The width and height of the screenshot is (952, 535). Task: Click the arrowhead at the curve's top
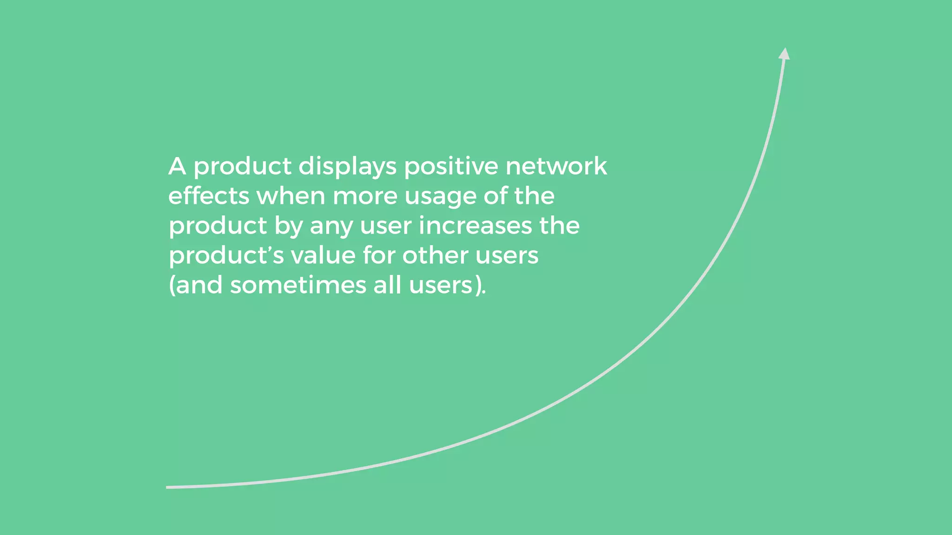(784, 54)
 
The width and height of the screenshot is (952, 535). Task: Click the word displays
(347, 167)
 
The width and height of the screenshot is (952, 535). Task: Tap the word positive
(451, 167)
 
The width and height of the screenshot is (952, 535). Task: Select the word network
(556, 166)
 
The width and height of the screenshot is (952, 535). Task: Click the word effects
(209, 196)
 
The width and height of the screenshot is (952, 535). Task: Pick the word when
(291, 196)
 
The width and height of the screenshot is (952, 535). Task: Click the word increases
(475, 226)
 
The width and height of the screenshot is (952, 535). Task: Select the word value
(323, 255)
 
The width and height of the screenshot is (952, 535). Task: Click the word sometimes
(298, 285)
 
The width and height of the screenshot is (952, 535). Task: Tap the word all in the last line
(387, 285)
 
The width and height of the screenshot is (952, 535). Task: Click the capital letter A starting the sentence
(177, 166)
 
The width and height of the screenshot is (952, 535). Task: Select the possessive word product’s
(226, 256)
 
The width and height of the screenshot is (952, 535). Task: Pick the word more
(365, 196)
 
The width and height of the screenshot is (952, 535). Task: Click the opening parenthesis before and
(171, 285)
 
